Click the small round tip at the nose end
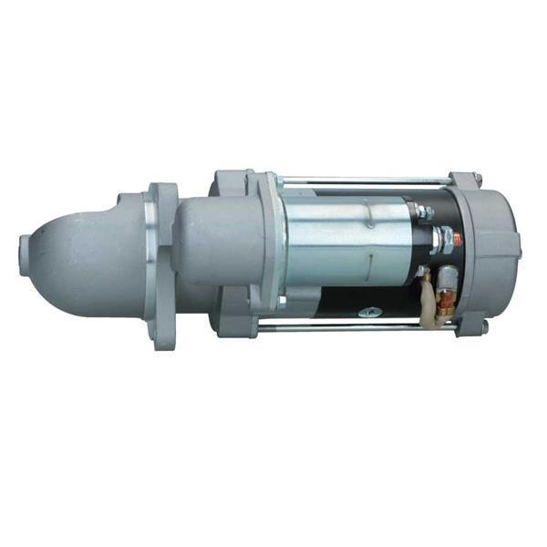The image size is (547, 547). click(25, 247)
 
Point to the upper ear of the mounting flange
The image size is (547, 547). click(165, 195)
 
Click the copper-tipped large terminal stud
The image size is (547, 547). click(458, 240)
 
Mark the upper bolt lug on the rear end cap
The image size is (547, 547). click(474, 179)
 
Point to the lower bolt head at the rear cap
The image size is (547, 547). click(484, 325)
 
